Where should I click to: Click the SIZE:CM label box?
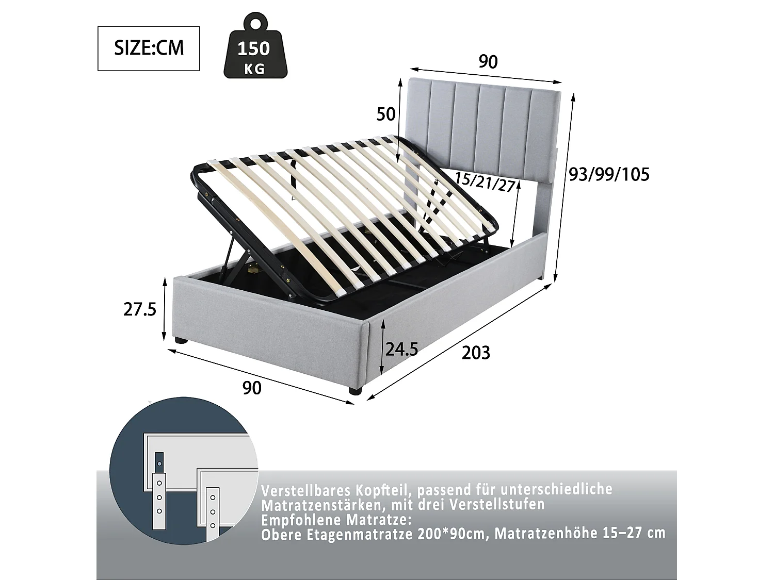point(149,48)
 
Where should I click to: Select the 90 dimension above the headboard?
point(488,62)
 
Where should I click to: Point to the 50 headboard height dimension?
point(385,114)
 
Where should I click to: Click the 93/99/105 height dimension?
point(608,175)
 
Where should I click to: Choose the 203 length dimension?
point(475,353)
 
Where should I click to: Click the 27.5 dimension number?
point(139,309)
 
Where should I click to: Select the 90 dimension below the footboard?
point(251,388)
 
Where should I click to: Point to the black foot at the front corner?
point(354,391)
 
